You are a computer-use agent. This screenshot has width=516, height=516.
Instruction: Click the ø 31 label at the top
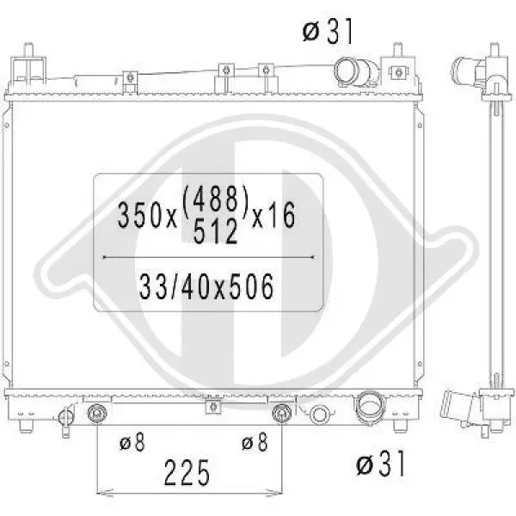[328, 31]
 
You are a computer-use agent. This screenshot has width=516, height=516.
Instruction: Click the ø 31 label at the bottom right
[381, 464]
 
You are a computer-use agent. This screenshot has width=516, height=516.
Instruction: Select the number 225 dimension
[187, 472]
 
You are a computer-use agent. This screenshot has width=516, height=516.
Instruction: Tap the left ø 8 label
[132, 442]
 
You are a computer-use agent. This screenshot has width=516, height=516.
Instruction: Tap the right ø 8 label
[255, 442]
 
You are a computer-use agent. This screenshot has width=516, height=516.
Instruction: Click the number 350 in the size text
[137, 215]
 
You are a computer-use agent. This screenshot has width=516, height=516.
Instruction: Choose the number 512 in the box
[215, 231]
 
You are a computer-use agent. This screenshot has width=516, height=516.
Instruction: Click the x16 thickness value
[273, 215]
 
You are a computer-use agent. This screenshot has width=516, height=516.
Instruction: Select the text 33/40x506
[206, 286]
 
